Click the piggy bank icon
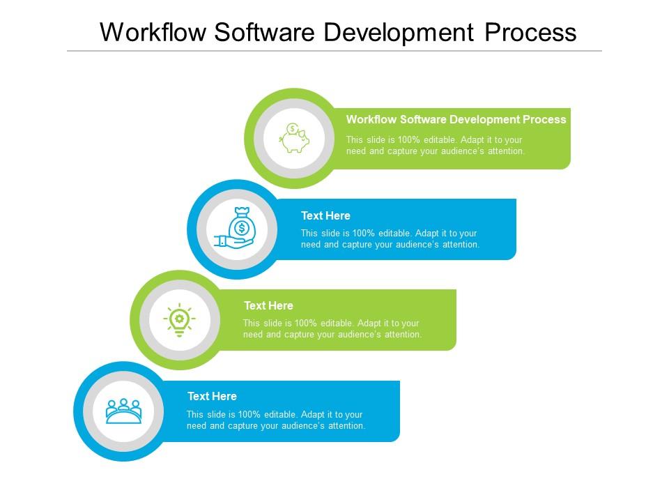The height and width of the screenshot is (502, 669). point(294,138)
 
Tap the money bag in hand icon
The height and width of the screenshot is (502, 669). point(235,228)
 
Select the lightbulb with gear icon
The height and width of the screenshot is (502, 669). point(179,320)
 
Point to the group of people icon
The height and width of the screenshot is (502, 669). point(123,411)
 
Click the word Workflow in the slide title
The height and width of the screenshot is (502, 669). point(153,32)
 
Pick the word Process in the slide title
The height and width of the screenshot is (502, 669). point(530,32)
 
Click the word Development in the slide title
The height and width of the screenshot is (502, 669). point(399,33)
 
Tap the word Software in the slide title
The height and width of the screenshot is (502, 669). point(265,32)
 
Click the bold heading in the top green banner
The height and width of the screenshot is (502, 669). point(456,119)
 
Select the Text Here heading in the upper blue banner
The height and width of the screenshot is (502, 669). point(325,215)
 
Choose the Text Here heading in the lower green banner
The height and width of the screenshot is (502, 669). point(268,305)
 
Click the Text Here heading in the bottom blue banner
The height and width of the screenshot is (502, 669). point(212,396)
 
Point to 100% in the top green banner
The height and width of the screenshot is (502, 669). point(409,140)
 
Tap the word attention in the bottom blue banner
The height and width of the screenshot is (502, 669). point(346,425)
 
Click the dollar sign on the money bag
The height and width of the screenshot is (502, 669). point(242,228)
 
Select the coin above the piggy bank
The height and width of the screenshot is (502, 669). point(292,128)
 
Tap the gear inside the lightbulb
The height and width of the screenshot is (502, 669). point(179,318)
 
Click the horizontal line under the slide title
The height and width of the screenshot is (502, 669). point(334,51)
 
